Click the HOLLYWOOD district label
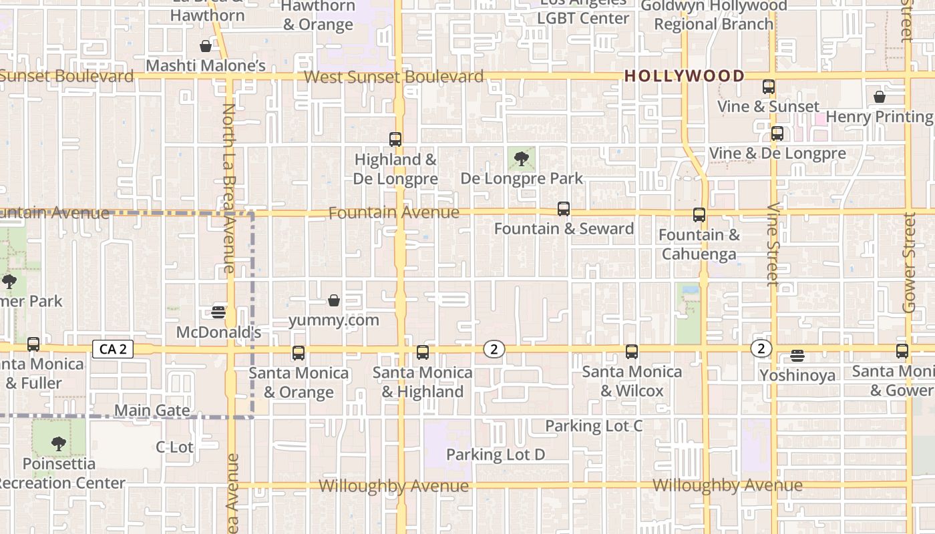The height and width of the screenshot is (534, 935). pos(684,76)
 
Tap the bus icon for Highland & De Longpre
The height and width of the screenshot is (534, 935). pos(395,140)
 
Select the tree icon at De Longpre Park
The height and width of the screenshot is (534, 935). pos(522,159)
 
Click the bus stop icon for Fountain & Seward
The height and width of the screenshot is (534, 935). pos(564,209)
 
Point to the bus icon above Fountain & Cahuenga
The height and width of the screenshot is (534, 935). pos(699,215)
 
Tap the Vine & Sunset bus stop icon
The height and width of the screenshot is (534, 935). pos(769,87)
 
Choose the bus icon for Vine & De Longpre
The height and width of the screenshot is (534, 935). pos(777,133)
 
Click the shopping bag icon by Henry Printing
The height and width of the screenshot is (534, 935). pos(880,97)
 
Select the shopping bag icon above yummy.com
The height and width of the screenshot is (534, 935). pos(334,300)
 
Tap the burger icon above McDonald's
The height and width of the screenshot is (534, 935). pos(218,312)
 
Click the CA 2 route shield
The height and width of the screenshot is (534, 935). pos(112,349)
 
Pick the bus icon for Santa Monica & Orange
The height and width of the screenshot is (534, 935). pos(299,353)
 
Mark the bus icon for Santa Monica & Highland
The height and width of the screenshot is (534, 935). pos(423,352)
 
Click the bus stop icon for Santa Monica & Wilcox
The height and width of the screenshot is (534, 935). pos(632,352)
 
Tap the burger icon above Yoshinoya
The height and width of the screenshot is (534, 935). pos(797,355)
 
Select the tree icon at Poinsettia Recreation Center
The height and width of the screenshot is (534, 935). pos(59,443)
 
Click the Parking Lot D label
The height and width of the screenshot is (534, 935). pos(496,455)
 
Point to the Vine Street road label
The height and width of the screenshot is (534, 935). pos(773,244)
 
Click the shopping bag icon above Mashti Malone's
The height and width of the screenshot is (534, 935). pos(206,46)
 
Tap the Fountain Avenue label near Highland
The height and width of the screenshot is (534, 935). pos(394,213)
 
